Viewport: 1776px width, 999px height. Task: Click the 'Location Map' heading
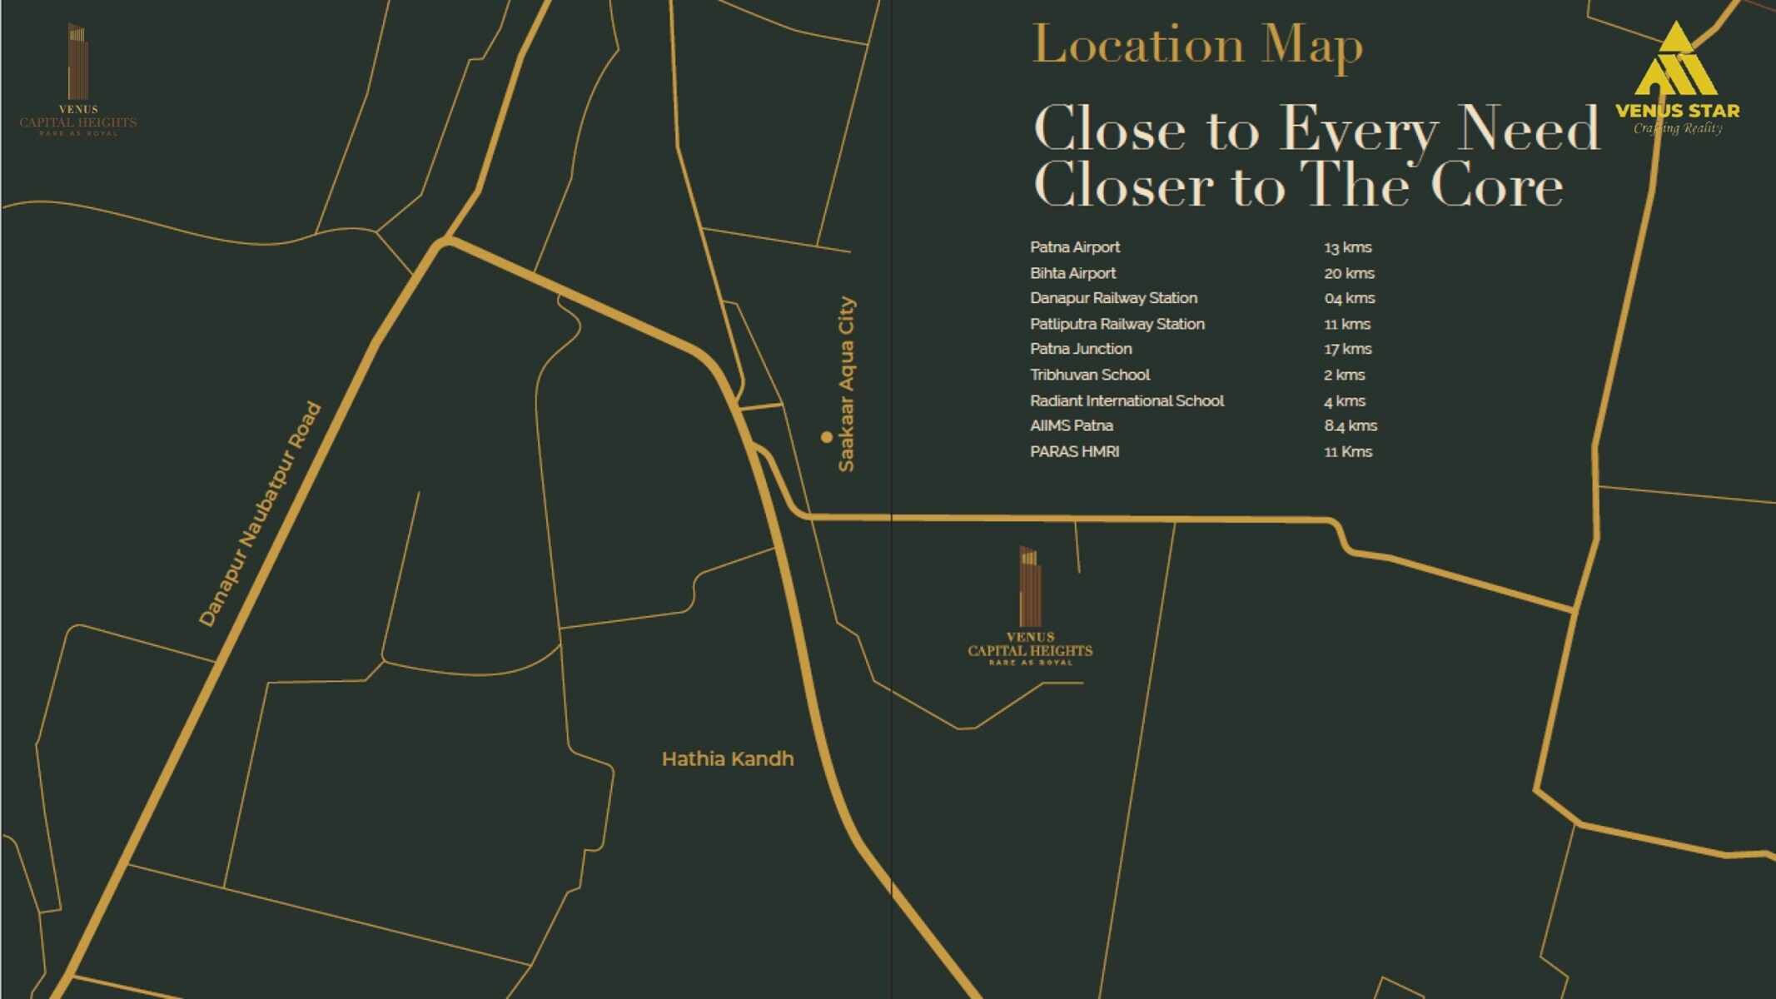pyautogui.click(x=1196, y=45)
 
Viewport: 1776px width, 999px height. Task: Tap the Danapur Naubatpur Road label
pyautogui.click(x=260, y=514)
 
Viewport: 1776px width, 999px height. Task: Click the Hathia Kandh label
pyautogui.click(x=727, y=759)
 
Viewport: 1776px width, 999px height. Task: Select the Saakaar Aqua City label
pyautogui.click(x=846, y=385)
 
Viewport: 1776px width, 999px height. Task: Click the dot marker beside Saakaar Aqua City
pyautogui.click(x=826, y=436)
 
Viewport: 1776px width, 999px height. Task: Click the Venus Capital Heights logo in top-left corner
pyautogui.click(x=77, y=79)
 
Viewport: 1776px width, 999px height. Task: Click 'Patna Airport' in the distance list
pyautogui.click(x=1074, y=247)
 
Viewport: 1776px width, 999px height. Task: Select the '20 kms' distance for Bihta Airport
pyautogui.click(x=1349, y=273)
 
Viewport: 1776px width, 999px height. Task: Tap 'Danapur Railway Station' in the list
pyautogui.click(x=1113, y=298)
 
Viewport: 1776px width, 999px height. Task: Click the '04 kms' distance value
pyautogui.click(x=1349, y=298)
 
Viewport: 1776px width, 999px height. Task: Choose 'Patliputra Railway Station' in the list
pyautogui.click(x=1117, y=324)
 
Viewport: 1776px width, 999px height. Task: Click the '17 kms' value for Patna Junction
pyautogui.click(x=1347, y=349)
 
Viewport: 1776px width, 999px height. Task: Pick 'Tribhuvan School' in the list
pyautogui.click(x=1089, y=375)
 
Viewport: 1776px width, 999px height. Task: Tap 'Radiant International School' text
pyautogui.click(x=1127, y=400)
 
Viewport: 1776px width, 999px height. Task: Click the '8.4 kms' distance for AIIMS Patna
pyautogui.click(x=1350, y=425)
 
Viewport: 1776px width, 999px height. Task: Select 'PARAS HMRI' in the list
pyautogui.click(x=1074, y=451)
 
